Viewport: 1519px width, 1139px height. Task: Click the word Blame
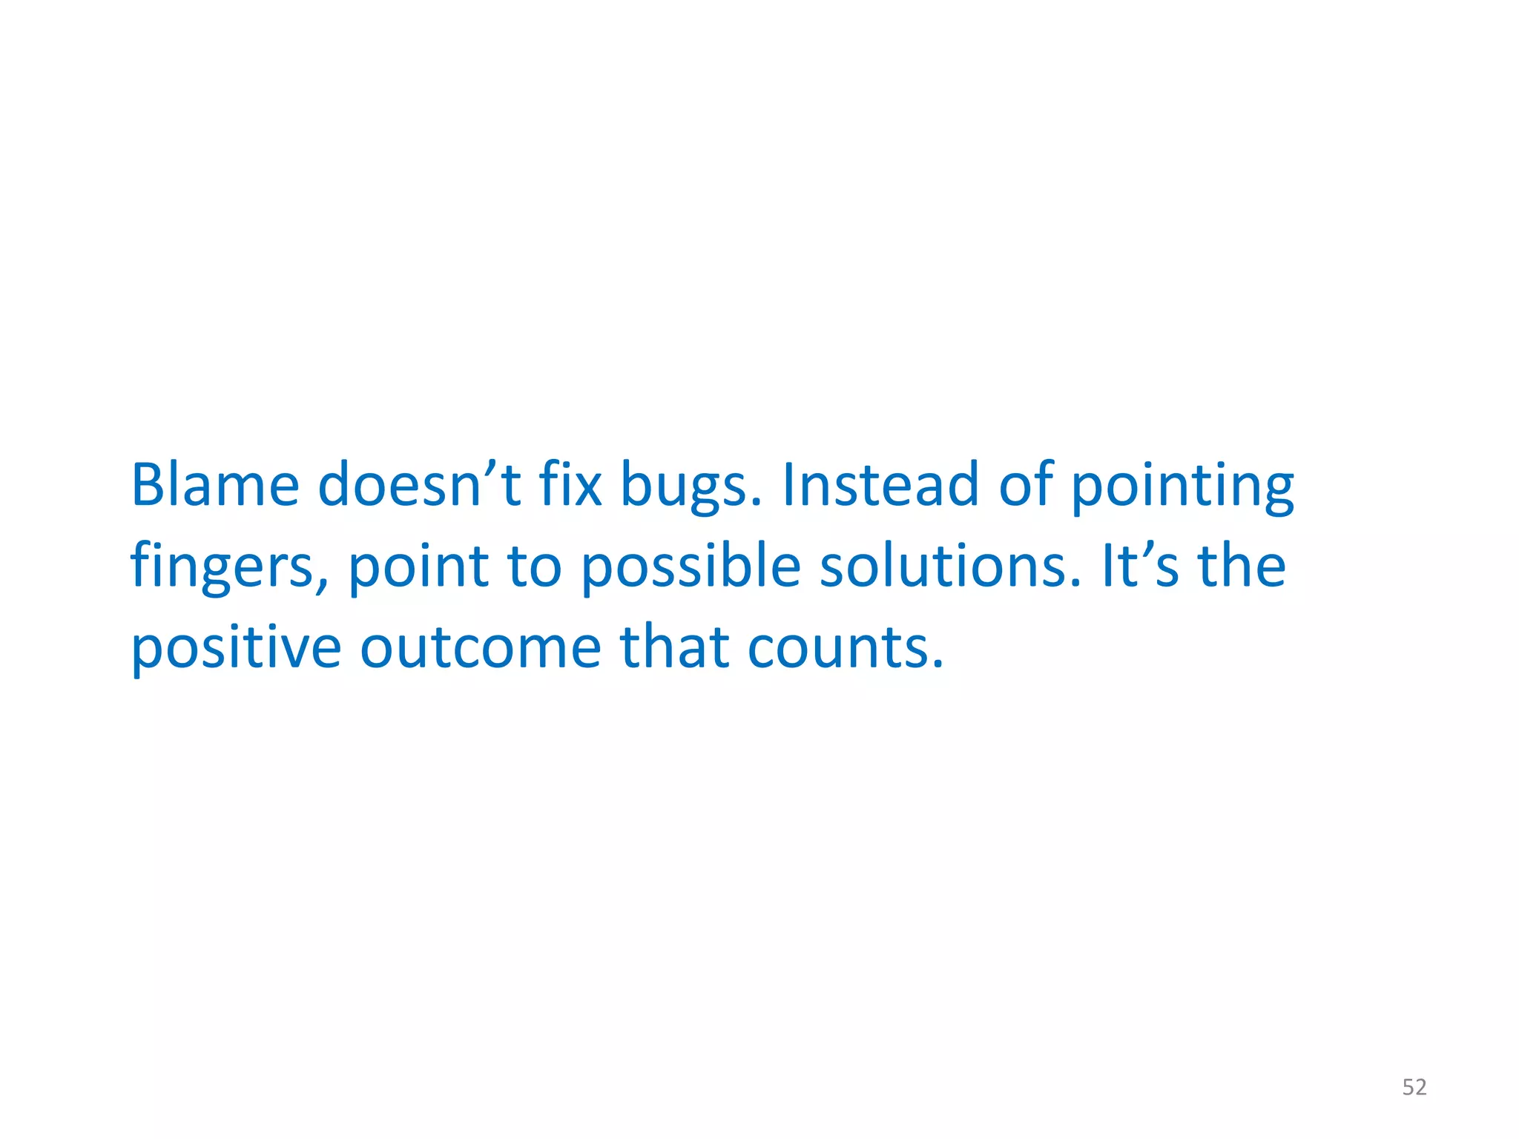[x=215, y=485]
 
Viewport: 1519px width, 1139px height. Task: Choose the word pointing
[x=1183, y=489]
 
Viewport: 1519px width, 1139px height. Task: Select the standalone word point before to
[x=418, y=568]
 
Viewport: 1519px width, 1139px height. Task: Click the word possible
[x=691, y=568]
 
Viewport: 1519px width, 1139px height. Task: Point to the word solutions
[x=942, y=567]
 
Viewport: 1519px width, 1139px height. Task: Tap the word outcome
[x=481, y=648]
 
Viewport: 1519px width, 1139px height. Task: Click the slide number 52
[x=1414, y=1087]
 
